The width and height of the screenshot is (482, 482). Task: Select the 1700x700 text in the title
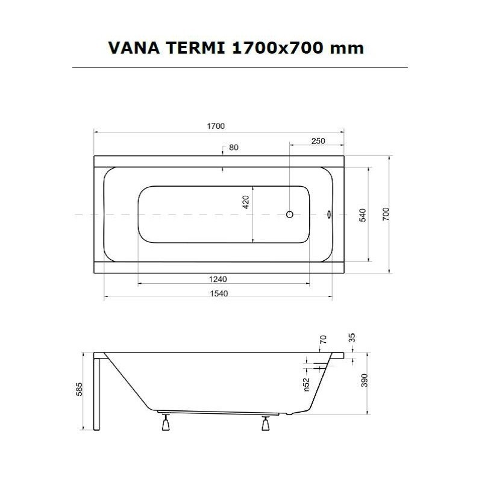(x=283, y=48)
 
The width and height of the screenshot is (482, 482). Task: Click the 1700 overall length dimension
(x=216, y=126)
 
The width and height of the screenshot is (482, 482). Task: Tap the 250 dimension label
(x=318, y=141)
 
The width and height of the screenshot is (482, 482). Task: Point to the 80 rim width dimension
(x=234, y=148)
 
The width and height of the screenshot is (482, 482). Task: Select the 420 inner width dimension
(x=246, y=202)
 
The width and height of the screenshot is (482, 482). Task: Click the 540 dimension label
(x=363, y=214)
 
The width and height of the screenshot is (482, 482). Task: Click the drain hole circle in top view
(x=289, y=214)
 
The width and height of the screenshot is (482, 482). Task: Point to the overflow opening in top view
(x=328, y=214)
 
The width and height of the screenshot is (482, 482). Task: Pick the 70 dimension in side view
(x=323, y=340)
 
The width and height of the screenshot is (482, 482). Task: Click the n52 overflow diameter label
(x=306, y=385)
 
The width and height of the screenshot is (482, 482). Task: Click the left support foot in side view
(x=164, y=424)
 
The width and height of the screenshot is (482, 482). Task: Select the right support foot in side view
(x=266, y=424)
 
